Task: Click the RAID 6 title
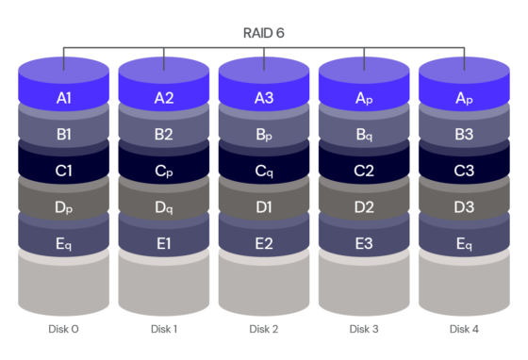point(264,33)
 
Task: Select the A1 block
point(64,97)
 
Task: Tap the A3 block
point(264,97)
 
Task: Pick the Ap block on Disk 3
point(364,97)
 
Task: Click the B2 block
point(164,134)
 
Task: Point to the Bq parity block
point(364,134)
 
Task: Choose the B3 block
point(464,134)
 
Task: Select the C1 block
point(64,171)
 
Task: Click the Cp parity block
point(164,171)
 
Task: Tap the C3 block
point(464,171)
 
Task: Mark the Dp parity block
point(64,207)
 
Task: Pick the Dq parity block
point(164,207)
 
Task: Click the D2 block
point(364,207)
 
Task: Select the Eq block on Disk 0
point(64,243)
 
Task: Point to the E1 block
point(164,243)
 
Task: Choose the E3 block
point(364,243)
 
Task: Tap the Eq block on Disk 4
point(464,243)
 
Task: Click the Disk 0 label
point(64,329)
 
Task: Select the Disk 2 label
point(264,329)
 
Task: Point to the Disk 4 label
point(464,329)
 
